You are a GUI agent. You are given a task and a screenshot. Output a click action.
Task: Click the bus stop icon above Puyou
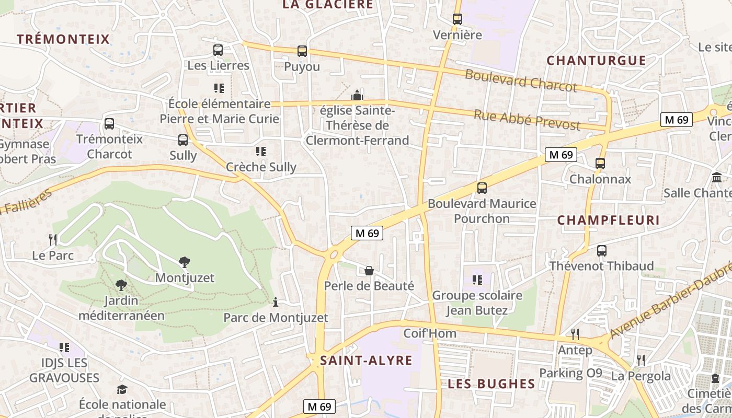pos(302,51)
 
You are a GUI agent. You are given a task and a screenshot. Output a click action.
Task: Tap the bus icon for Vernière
pos(458,19)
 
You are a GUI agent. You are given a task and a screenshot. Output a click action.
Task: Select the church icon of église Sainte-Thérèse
pos(357,95)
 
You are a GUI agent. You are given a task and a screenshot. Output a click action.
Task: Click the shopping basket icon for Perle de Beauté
pos(369,270)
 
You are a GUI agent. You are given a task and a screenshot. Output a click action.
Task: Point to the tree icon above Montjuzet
pos(184,262)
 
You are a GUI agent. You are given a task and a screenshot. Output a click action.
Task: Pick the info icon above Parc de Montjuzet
pos(276,302)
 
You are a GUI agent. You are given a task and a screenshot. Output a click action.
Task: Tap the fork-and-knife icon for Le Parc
pos(53,240)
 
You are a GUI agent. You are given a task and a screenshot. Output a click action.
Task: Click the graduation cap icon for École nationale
pos(122,389)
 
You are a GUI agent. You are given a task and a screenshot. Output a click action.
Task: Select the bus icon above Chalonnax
pos(600,164)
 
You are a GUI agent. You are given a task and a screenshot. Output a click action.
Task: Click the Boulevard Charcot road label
pos(521,80)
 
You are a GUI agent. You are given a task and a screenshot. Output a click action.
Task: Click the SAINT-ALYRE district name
pos(366,361)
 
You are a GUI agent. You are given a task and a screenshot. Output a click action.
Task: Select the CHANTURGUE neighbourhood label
pos(596,61)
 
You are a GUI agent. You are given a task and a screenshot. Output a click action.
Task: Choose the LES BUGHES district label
pos(491,384)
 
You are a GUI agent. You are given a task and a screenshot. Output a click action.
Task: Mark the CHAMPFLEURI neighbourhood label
pos(608,220)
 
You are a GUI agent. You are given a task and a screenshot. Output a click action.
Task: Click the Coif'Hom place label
pos(430,333)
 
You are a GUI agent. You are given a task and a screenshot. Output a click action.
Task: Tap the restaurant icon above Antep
pos(575,334)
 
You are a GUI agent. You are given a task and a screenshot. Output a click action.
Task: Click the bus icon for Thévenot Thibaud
pos(602,251)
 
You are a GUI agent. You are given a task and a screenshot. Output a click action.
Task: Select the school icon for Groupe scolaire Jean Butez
pos(477,280)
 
